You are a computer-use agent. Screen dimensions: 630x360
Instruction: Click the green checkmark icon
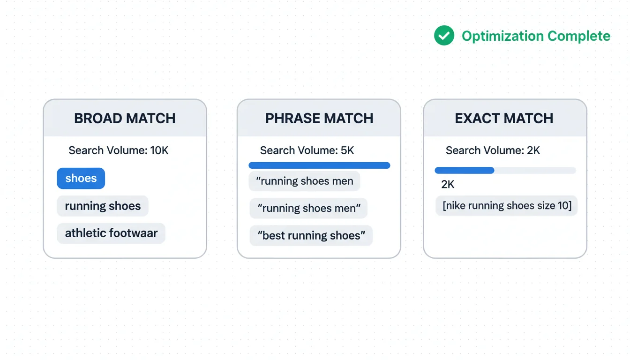[444, 36]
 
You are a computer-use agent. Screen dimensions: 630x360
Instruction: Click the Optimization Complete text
[536, 36]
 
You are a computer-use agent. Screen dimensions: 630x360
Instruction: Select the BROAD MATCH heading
[125, 119]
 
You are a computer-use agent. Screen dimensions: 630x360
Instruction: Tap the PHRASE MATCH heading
[319, 119]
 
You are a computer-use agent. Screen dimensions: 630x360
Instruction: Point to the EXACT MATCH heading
[504, 119]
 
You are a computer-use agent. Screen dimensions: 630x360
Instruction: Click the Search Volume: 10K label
[119, 150]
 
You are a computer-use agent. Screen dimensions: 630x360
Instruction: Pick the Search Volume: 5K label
[307, 150]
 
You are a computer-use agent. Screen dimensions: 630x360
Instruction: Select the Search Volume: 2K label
[493, 150]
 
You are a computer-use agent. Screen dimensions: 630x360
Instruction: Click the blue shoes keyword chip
[81, 178]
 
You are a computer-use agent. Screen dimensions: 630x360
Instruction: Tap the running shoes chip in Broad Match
[103, 206]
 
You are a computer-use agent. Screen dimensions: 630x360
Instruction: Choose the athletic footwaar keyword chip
[111, 233]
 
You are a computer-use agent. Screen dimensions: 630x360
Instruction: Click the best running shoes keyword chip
[311, 235]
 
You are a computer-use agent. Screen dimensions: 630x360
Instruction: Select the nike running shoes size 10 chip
[507, 206]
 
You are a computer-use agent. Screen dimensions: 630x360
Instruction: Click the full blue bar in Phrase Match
[319, 165]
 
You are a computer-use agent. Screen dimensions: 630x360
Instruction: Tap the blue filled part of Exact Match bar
[465, 170]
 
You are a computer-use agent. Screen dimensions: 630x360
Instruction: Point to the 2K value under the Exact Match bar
[448, 185]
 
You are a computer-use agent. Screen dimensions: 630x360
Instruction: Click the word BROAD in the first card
[97, 119]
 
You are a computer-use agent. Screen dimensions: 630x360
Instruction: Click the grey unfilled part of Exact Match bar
[535, 170]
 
